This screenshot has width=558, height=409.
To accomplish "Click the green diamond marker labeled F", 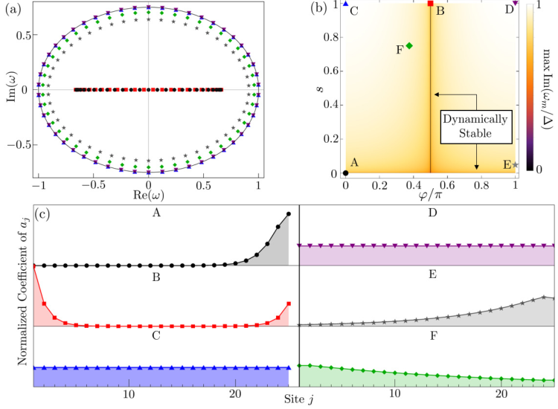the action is coord(409,45).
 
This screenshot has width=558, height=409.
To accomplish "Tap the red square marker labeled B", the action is coord(430,4).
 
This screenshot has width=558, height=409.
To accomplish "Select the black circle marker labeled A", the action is coord(345,173).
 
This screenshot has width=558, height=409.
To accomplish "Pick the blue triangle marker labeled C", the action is coord(345,4).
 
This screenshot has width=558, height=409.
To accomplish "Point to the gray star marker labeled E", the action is coord(516,164).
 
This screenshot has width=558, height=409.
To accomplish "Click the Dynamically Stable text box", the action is coord(476,126).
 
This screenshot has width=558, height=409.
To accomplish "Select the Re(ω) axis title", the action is coord(148,195).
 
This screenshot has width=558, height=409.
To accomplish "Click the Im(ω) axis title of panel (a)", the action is coord(12,89).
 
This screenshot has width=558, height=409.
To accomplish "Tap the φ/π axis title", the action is coord(430,195).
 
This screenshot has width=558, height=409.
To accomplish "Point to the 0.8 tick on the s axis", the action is coord(331,37).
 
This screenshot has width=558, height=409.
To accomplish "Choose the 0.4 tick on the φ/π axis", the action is coord(413,185).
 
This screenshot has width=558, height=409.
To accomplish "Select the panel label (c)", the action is coord(42,213).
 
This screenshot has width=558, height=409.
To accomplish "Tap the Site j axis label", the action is coord(298,400).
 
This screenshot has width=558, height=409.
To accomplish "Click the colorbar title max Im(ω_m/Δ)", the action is coord(547,89).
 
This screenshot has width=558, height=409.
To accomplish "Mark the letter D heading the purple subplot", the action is coord(432,213).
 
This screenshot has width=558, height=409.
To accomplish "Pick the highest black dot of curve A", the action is coord(288,213).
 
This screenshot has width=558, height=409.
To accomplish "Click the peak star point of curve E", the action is coord(543,297).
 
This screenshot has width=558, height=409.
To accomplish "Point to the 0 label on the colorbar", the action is coord(539,170).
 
